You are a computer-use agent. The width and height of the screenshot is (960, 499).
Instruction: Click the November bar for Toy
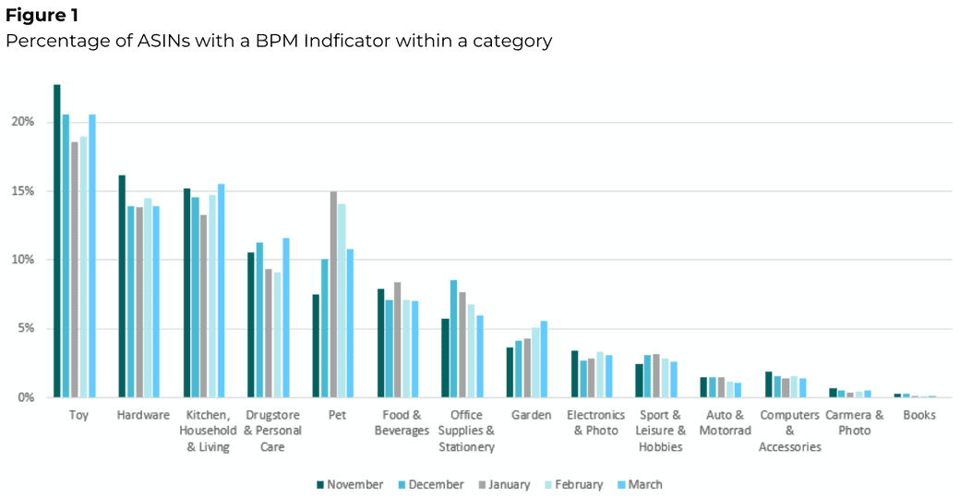click(57, 241)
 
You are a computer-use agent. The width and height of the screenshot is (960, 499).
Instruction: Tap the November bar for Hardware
click(122, 286)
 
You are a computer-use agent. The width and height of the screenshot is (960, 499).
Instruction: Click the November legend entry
click(349, 484)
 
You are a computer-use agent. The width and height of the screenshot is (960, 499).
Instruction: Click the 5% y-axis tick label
click(26, 328)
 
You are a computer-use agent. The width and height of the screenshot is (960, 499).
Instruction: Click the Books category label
click(919, 415)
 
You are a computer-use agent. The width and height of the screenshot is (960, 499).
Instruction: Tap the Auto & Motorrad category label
click(725, 422)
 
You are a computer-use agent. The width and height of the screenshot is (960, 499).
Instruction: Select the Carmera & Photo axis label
click(855, 422)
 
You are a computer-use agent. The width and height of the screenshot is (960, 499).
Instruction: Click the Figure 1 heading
click(42, 16)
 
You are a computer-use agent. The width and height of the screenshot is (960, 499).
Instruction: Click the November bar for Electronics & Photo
click(574, 373)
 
